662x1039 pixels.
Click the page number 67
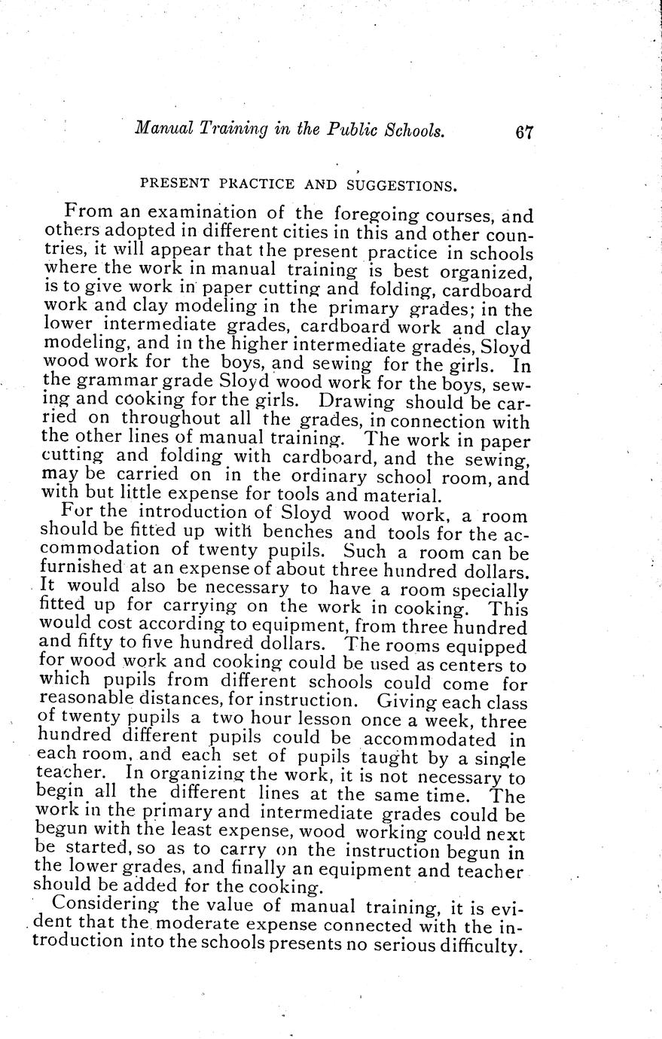click(x=524, y=133)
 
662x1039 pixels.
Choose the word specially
click(x=492, y=590)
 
